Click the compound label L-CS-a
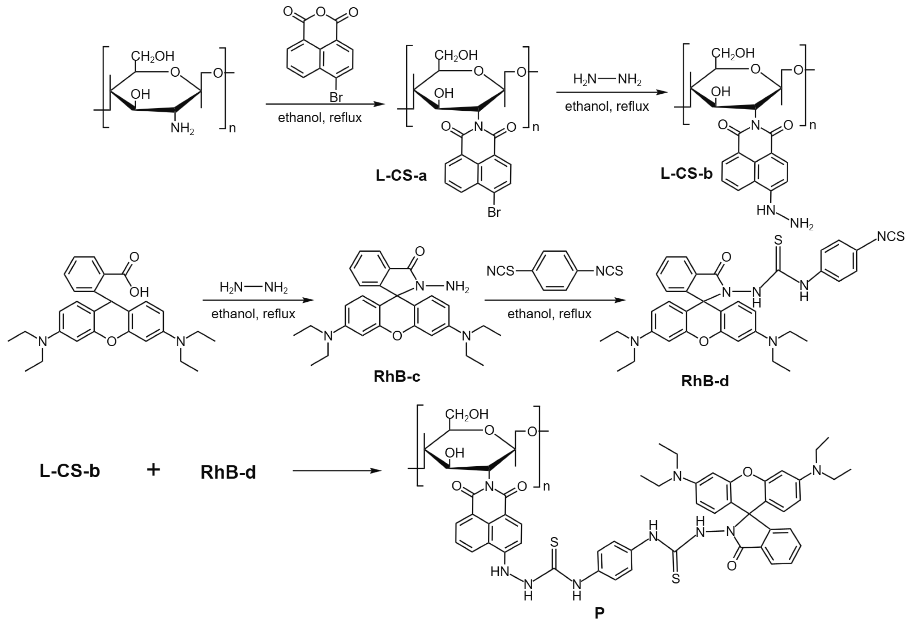[401, 175]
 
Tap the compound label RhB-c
[397, 376]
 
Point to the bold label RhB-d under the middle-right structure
[705, 381]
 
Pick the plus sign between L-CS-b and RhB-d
[153, 470]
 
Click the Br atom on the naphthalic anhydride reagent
[336, 97]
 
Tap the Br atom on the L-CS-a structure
[494, 212]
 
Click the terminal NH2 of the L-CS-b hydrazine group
[801, 224]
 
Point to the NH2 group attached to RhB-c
[457, 286]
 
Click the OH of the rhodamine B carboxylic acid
[139, 292]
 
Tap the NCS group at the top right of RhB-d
[890, 237]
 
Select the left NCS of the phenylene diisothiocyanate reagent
[500, 271]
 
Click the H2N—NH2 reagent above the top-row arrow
[607, 80]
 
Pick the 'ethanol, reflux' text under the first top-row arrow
[319, 118]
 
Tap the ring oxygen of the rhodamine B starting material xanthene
[111, 341]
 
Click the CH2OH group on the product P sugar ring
[466, 414]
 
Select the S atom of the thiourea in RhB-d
[778, 240]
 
